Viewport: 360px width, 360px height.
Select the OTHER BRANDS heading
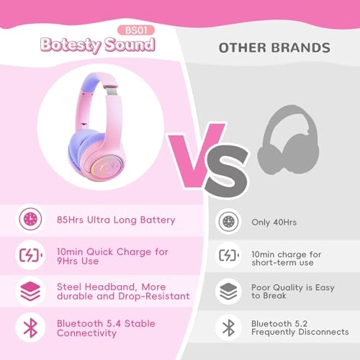[x=274, y=48]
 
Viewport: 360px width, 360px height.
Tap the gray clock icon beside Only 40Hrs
[x=228, y=222]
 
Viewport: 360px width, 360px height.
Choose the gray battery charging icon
[x=228, y=256]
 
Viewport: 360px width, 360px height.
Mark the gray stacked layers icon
[x=228, y=292]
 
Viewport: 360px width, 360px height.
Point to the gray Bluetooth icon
[x=228, y=328]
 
